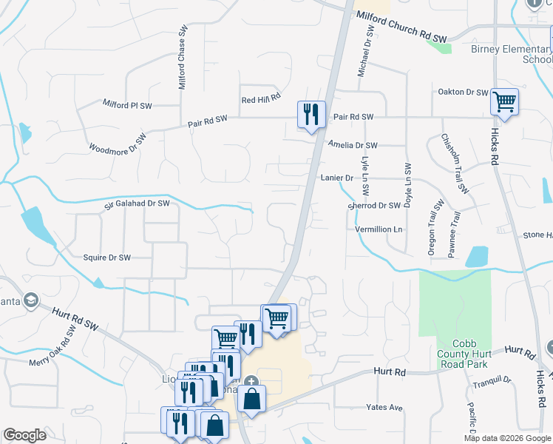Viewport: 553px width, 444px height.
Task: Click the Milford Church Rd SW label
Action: pos(401,26)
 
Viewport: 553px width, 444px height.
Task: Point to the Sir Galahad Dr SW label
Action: pos(137,203)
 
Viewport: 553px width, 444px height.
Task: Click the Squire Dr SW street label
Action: pos(106,258)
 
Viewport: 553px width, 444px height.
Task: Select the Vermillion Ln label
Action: pos(379,229)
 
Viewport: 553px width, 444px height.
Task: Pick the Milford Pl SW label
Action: pos(126,105)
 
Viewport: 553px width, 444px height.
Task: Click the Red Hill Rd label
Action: pos(261,98)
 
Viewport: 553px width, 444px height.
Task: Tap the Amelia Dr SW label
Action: pos(353,146)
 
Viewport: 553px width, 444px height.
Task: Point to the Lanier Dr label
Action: pos(337,178)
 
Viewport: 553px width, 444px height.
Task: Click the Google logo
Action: pos(24,435)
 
